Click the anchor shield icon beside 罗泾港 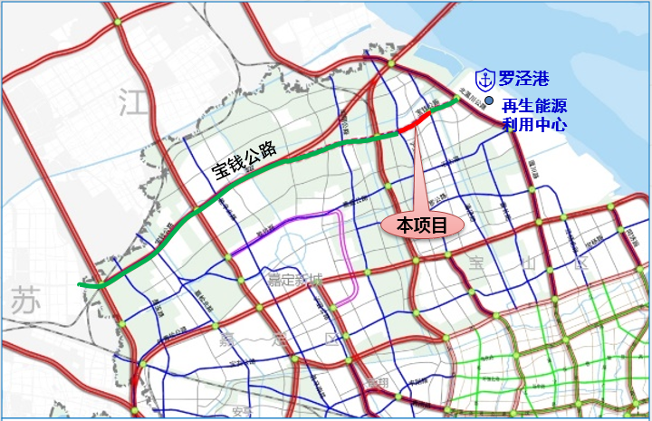[x=485, y=80]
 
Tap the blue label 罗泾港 [x=523, y=80]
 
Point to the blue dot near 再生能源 [x=490, y=101]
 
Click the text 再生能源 [x=535, y=105]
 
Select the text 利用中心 [x=535, y=124]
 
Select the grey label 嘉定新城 [x=293, y=279]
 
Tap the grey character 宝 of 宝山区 [x=477, y=263]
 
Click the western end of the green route [x=82, y=284]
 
